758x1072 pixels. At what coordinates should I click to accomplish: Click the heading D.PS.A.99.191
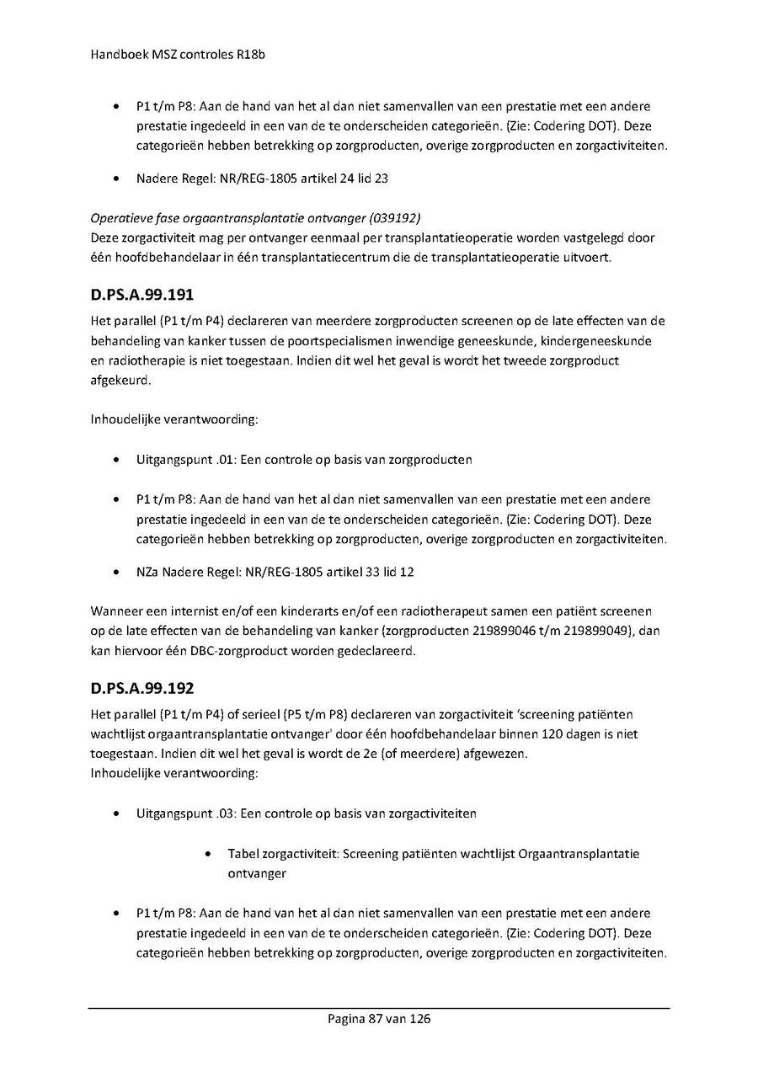pyautogui.click(x=143, y=296)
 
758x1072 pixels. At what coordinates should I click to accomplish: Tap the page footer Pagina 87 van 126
pyautogui.click(x=379, y=1019)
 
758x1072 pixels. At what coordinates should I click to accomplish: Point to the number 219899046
pyautogui.click(x=490, y=631)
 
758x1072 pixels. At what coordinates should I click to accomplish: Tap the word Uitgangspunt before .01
pyautogui.click(x=173, y=460)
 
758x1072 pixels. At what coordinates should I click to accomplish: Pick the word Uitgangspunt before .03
pyautogui.click(x=173, y=813)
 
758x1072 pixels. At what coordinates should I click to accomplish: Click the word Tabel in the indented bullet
pyautogui.click(x=243, y=854)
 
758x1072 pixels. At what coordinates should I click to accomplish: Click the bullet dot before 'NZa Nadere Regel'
pyautogui.click(x=115, y=573)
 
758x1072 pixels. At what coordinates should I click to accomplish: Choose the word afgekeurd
pyautogui.click(x=120, y=381)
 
